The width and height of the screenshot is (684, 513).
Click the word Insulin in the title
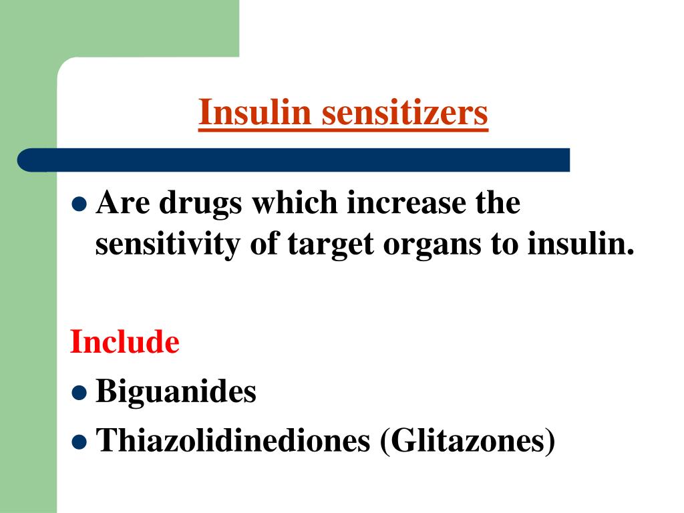pos(255,112)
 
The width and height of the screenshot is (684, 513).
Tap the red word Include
pos(125,343)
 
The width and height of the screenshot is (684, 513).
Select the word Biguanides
pos(176,391)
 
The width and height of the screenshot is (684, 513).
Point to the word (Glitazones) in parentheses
pos(468,440)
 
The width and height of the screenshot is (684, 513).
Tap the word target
pos(332,245)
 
